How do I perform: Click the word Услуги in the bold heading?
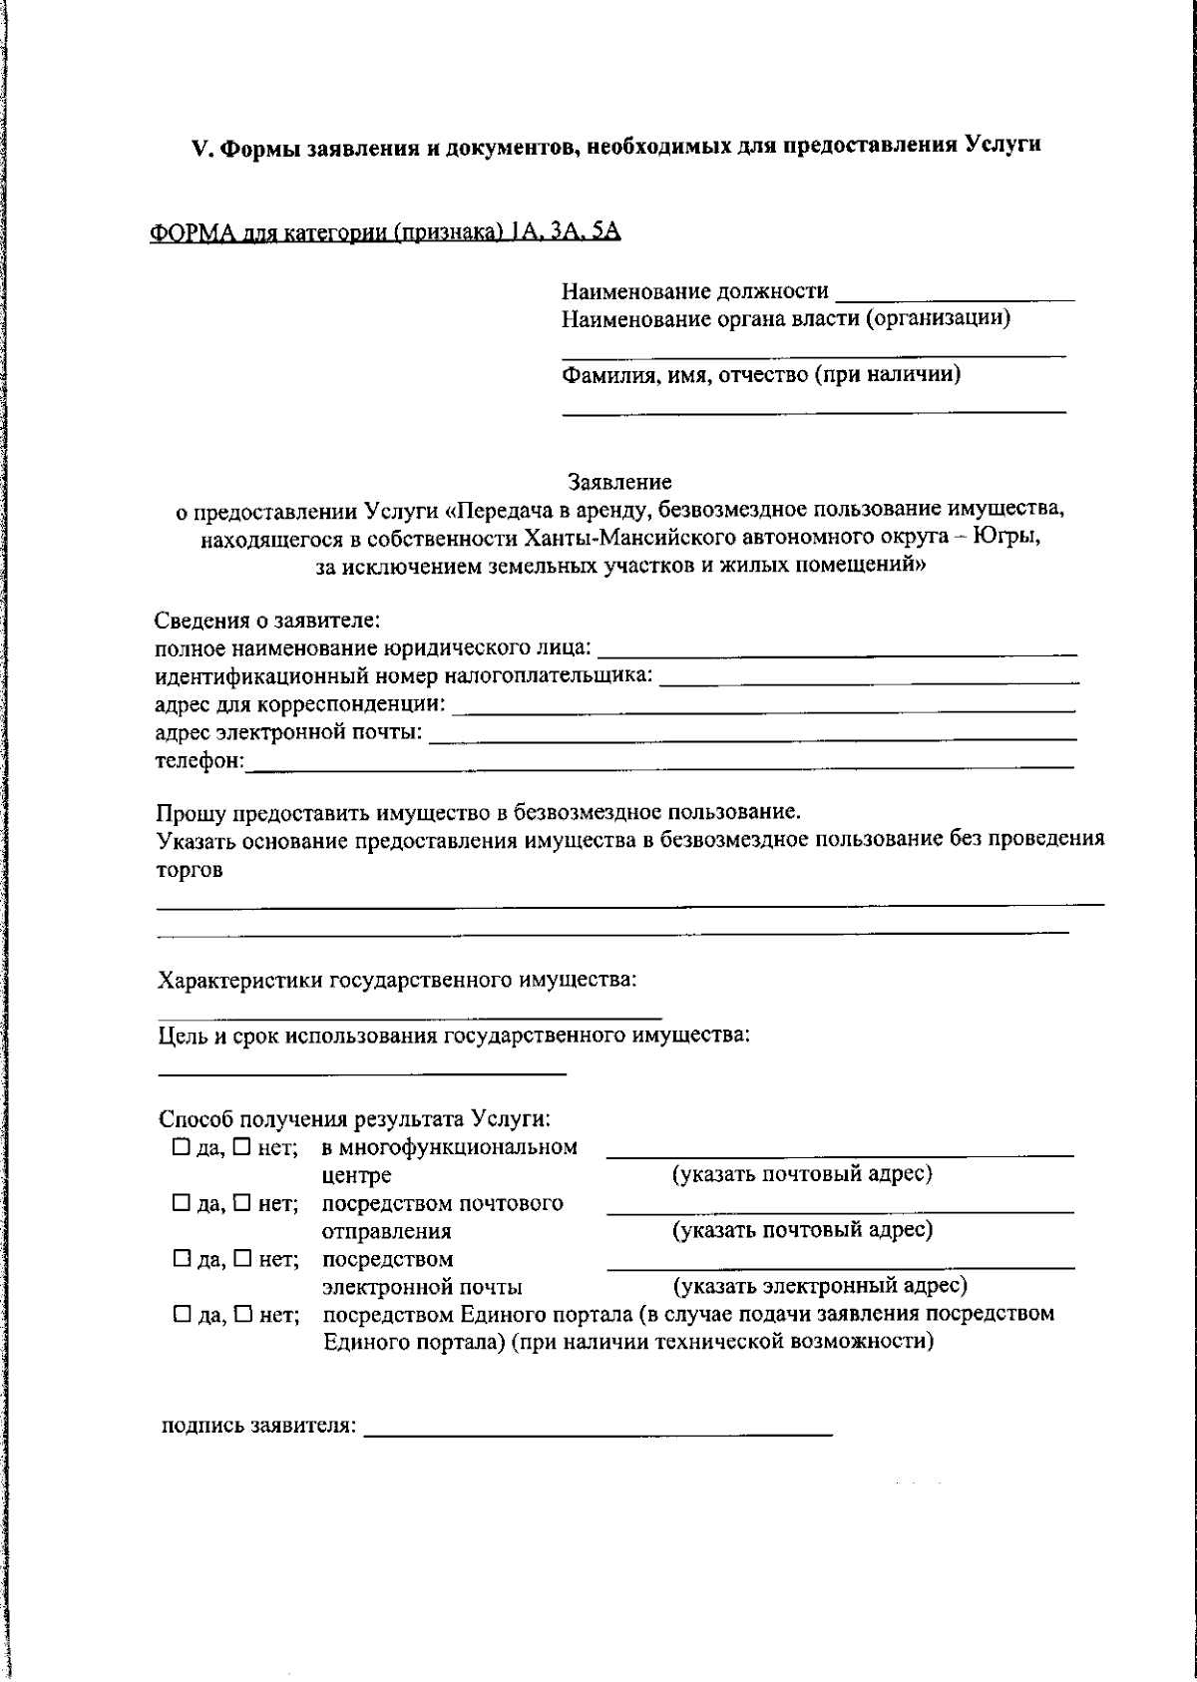[1003, 145]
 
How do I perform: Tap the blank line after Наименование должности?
[955, 295]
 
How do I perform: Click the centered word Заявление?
[619, 483]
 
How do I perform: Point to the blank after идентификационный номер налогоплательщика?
[869, 678]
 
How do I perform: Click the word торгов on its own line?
[190, 869]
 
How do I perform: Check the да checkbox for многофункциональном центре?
[181, 1147]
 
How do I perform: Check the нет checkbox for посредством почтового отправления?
[242, 1203]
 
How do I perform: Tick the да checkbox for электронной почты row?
[181, 1259]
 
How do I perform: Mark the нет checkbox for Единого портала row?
[242, 1314]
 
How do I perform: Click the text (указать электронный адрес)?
[820, 1285]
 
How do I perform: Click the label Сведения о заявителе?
[267, 621]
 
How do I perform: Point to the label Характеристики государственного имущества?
[396, 980]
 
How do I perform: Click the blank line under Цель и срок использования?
[362, 1070]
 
